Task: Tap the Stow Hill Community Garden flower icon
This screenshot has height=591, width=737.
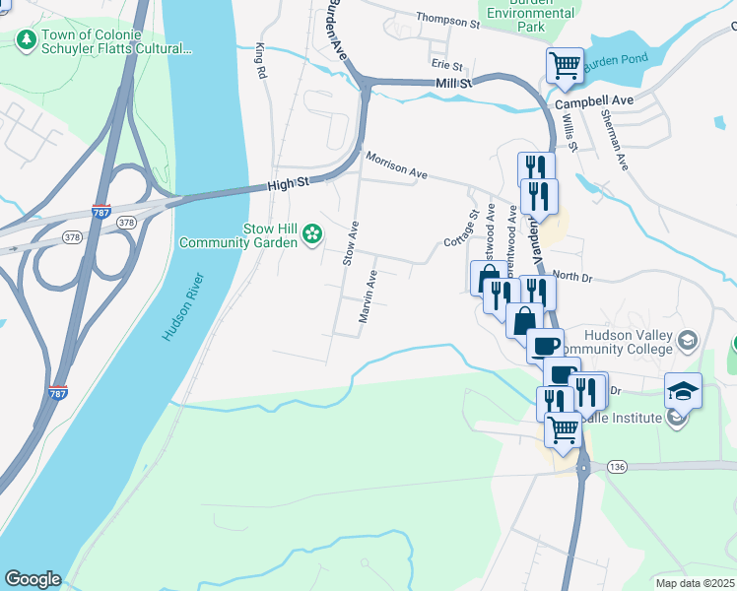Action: coord(312,233)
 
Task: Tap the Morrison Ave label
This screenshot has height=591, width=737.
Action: coord(396,164)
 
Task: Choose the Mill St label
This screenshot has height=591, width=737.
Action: coord(454,84)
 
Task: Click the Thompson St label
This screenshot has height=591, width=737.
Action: coord(446,18)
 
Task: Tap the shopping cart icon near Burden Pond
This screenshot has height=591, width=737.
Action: coord(565,66)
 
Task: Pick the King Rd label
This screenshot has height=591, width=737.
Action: coord(261,60)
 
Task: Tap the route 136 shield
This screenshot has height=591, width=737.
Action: coord(618,465)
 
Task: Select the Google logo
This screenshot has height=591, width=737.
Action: coord(32,579)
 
